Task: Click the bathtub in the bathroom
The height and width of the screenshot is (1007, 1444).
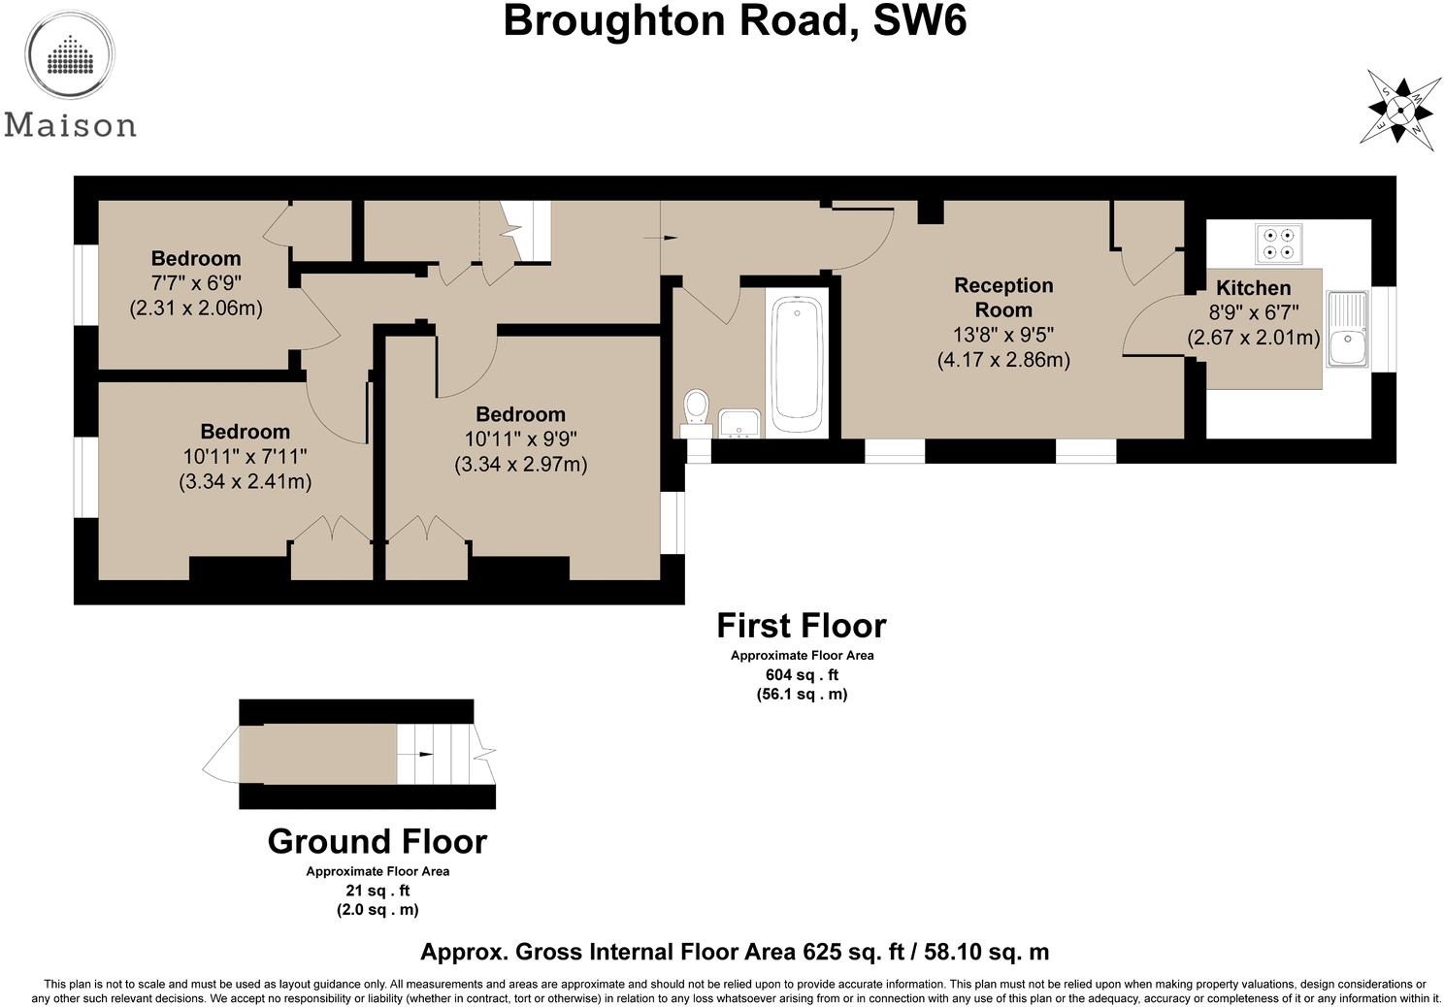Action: pos(798,364)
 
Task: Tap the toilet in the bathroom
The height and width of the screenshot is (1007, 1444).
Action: pos(696,413)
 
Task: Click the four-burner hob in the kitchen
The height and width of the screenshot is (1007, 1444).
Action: pos(1278,244)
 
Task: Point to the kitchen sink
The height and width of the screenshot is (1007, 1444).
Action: pos(1347,329)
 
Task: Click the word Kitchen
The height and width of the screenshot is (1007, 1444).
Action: pos(1253,287)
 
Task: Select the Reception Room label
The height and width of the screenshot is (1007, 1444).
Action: pos(1003,297)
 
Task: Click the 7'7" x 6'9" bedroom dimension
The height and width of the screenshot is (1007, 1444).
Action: pos(196,283)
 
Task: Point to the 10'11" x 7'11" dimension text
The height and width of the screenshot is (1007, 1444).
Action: pos(245,456)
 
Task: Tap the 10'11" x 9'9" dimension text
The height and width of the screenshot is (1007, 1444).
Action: pos(521,439)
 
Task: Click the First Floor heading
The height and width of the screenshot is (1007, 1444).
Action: pos(802,625)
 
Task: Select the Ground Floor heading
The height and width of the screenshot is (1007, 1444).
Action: pos(377,841)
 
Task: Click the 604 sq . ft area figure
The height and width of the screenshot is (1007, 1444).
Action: pos(802,674)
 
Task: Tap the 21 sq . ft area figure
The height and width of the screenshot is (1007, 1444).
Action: pos(377,891)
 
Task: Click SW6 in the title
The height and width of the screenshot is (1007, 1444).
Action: pos(919,20)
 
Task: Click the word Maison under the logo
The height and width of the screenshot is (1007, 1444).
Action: pos(70,125)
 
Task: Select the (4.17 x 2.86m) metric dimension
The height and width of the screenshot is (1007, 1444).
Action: pos(1003,360)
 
